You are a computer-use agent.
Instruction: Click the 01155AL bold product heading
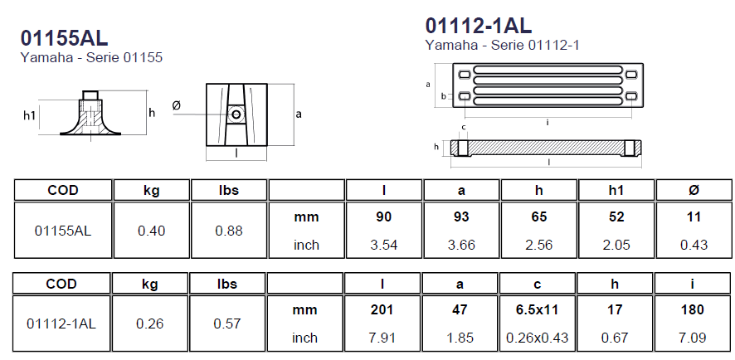point(64,38)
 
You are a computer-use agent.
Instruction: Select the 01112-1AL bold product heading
point(479,26)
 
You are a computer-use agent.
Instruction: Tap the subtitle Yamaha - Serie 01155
point(91,58)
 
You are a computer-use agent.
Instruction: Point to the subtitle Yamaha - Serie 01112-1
point(503,45)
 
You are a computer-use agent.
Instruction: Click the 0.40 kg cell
point(152,231)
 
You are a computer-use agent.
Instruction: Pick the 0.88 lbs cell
point(229,231)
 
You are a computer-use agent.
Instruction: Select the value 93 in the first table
point(461,217)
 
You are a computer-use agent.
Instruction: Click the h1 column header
point(616,190)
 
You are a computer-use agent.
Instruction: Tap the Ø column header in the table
point(694,190)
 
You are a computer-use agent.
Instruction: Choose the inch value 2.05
point(616,245)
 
